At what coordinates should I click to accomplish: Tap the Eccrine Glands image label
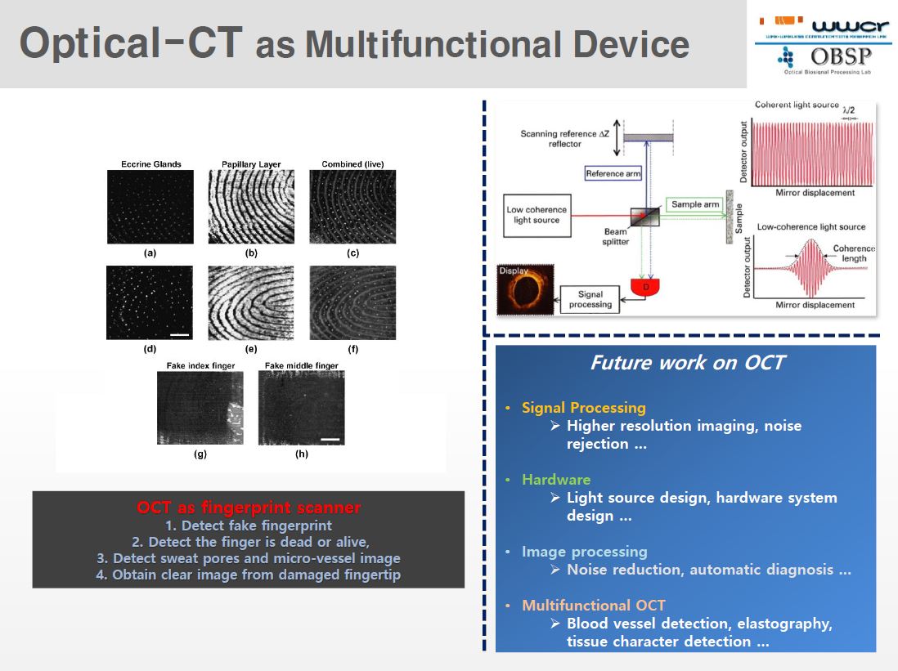click(x=150, y=164)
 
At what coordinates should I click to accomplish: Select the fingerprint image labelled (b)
click(x=251, y=207)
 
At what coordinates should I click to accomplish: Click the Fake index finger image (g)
click(x=200, y=408)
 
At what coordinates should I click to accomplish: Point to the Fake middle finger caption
click(x=301, y=365)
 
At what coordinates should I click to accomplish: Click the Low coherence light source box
click(x=536, y=215)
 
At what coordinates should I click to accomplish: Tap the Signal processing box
click(x=590, y=299)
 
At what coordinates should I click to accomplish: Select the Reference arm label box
click(x=613, y=173)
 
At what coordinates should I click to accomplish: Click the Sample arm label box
click(x=694, y=204)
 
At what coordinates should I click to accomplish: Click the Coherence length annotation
click(x=853, y=253)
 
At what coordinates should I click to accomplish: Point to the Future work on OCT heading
click(x=686, y=362)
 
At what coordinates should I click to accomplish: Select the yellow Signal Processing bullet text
click(x=583, y=407)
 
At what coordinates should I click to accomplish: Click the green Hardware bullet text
click(x=555, y=479)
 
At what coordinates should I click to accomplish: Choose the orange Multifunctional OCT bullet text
click(x=593, y=605)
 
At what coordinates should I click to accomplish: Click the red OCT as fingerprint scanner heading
click(x=249, y=508)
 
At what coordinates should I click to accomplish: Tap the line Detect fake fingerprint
click(x=249, y=526)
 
